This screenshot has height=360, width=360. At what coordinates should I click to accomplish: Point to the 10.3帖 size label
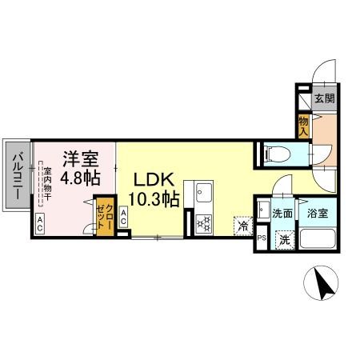150,200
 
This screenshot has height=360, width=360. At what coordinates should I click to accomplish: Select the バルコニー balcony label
17,177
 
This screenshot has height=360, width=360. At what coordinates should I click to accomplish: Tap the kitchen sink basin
202,193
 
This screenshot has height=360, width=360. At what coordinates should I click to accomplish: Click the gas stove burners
202,222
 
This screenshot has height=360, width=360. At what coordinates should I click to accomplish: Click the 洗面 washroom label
281,214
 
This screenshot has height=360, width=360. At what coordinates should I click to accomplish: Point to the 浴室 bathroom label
318,214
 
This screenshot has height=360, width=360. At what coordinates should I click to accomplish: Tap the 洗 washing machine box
283,238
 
